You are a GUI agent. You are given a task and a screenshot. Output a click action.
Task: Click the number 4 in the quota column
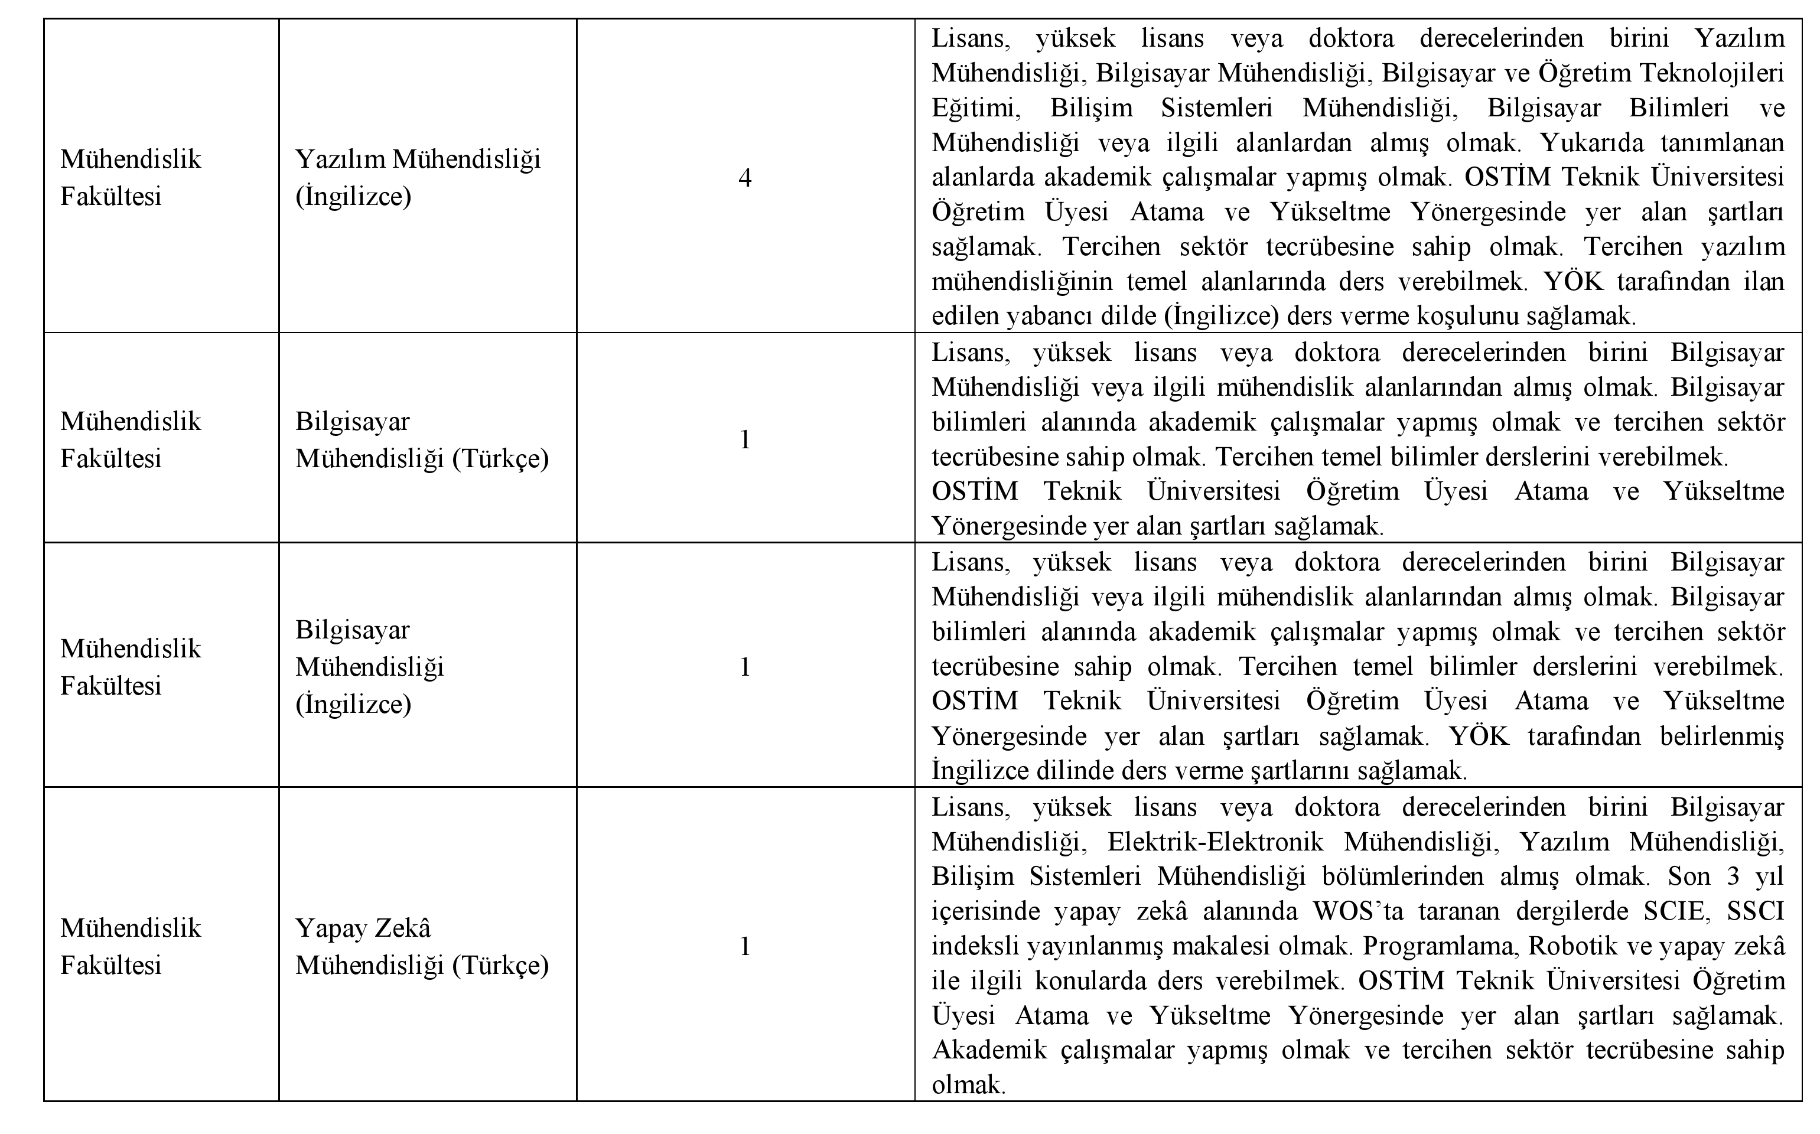tap(745, 178)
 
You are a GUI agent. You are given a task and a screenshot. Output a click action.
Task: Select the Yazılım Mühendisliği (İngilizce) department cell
tap(418, 178)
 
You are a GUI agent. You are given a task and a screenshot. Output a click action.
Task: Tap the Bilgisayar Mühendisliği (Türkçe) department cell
tap(421, 440)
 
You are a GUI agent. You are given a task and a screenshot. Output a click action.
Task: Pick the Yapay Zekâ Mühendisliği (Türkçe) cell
tap(421, 947)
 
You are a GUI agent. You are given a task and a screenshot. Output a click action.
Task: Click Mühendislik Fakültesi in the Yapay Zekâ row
tap(131, 947)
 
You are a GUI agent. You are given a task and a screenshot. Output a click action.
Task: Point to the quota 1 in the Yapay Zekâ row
tap(745, 947)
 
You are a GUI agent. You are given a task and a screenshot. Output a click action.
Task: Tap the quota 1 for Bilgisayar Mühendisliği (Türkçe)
tap(745, 440)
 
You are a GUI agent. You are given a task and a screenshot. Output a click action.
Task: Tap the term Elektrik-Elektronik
tap(1215, 842)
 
